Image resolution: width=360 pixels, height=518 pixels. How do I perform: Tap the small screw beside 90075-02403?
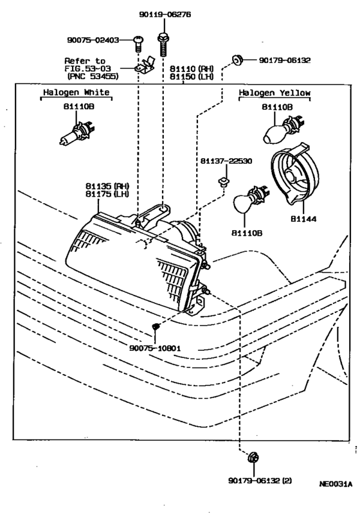click(138, 42)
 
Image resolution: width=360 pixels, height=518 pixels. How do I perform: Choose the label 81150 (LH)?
click(190, 76)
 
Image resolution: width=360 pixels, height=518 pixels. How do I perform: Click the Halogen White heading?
click(76, 93)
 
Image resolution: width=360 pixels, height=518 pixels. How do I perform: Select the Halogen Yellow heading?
click(274, 93)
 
